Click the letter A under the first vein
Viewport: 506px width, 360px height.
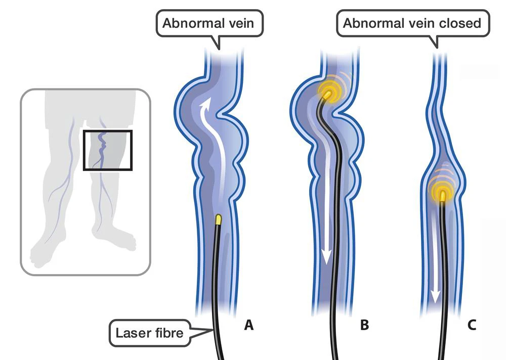tap(248, 326)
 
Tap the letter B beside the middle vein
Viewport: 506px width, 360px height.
tap(364, 326)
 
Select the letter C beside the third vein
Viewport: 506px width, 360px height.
tap(472, 326)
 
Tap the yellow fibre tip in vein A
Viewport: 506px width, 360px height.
tap(219, 219)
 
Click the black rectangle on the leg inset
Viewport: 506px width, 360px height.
tap(107, 150)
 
